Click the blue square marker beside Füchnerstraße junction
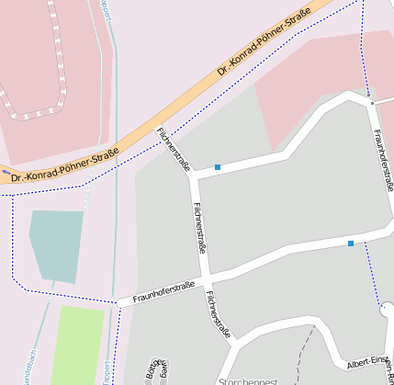(x=218, y=167)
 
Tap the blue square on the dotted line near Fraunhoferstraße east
(x=351, y=243)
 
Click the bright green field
(x=79, y=345)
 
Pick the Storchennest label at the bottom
(x=247, y=379)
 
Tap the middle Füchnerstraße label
(x=199, y=227)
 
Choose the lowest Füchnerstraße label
(x=219, y=315)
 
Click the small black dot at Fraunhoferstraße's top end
(x=372, y=103)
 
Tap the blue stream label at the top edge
(x=106, y=9)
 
